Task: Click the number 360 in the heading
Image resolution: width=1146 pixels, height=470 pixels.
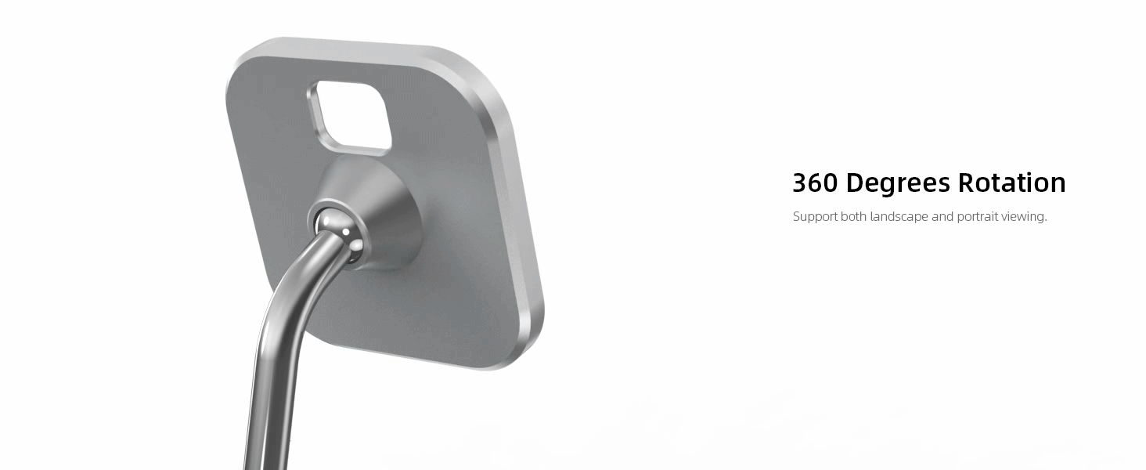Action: pyautogui.click(x=816, y=183)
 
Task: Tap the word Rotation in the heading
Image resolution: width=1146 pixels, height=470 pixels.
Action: pyautogui.click(x=1012, y=183)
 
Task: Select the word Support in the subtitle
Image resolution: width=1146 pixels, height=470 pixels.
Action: pyautogui.click(x=815, y=217)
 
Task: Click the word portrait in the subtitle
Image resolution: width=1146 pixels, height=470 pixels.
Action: pyautogui.click(x=978, y=217)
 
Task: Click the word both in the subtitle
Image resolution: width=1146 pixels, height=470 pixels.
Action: pyautogui.click(x=853, y=217)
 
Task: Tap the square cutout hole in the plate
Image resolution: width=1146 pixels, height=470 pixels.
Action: pyautogui.click(x=350, y=115)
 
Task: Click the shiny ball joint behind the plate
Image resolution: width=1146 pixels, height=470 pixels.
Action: pyautogui.click(x=338, y=230)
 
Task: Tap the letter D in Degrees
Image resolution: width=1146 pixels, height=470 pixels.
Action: pyautogui.click(x=856, y=183)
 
